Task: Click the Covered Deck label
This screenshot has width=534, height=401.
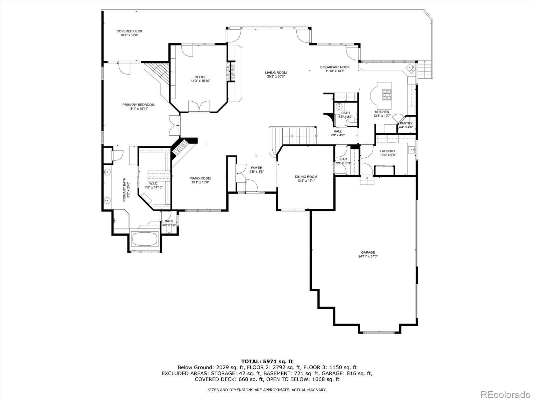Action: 129,31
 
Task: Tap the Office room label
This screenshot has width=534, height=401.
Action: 201,77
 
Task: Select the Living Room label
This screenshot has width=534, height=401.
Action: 276,73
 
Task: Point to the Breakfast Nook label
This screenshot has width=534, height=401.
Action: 335,67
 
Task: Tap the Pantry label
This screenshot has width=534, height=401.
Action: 406,123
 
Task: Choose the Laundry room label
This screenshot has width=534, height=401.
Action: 387,151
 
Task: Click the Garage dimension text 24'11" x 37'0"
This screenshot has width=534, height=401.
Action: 368,256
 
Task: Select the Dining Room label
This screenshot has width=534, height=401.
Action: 306,177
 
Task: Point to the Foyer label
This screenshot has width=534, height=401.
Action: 257,168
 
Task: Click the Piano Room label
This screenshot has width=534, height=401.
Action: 200,178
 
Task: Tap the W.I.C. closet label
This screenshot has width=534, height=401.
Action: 154,183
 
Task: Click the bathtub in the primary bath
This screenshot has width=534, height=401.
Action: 145,239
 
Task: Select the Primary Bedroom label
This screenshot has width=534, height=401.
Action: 139,105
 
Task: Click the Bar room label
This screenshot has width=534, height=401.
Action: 343,159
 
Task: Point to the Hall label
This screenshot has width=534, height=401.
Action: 338,131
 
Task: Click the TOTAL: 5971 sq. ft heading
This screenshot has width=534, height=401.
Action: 267,361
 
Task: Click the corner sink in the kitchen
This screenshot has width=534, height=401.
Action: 411,68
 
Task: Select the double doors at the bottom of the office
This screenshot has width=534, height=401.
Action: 199,107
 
